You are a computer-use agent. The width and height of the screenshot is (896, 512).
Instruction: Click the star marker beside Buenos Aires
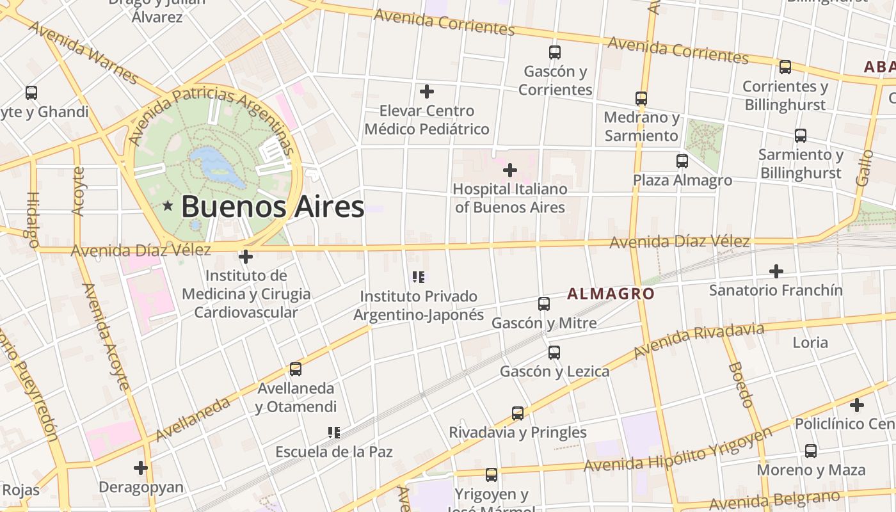click(x=168, y=206)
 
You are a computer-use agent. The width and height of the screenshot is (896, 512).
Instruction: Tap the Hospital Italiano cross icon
click(x=510, y=170)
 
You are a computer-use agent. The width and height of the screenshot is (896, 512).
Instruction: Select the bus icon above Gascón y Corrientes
click(x=555, y=52)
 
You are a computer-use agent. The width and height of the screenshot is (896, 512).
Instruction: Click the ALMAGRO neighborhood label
click(x=611, y=294)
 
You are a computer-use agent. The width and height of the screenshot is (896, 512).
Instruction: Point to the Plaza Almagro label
click(x=682, y=180)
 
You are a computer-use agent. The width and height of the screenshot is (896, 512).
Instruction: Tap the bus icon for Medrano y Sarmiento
click(x=641, y=99)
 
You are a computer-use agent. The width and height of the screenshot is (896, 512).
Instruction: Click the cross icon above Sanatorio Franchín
click(x=776, y=271)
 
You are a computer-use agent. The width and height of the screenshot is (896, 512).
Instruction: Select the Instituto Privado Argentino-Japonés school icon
click(x=419, y=277)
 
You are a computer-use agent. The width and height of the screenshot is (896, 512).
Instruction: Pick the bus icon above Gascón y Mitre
click(x=544, y=304)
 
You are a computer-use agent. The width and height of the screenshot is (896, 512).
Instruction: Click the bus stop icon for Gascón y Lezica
click(x=554, y=352)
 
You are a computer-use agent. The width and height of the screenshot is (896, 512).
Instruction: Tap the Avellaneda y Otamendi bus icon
click(x=295, y=369)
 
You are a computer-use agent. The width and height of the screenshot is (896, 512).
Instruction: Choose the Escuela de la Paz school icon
click(x=333, y=433)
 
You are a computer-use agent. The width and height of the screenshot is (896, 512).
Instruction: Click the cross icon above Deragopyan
click(x=141, y=468)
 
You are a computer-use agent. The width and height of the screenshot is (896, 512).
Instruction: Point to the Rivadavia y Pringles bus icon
click(x=518, y=413)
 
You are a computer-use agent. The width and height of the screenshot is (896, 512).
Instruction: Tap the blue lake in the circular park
click(x=218, y=164)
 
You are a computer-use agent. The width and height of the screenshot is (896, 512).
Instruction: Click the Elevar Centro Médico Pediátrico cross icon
click(x=427, y=92)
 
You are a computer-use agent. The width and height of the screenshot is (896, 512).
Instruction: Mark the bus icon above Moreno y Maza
click(x=811, y=451)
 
